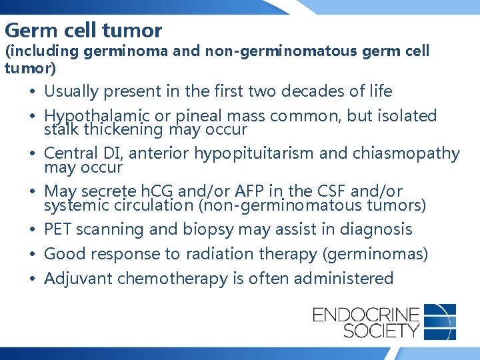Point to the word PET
[x=58, y=230]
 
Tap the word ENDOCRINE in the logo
[x=366, y=313]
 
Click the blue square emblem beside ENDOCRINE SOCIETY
[x=440, y=321]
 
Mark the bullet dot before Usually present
[x=33, y=92]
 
